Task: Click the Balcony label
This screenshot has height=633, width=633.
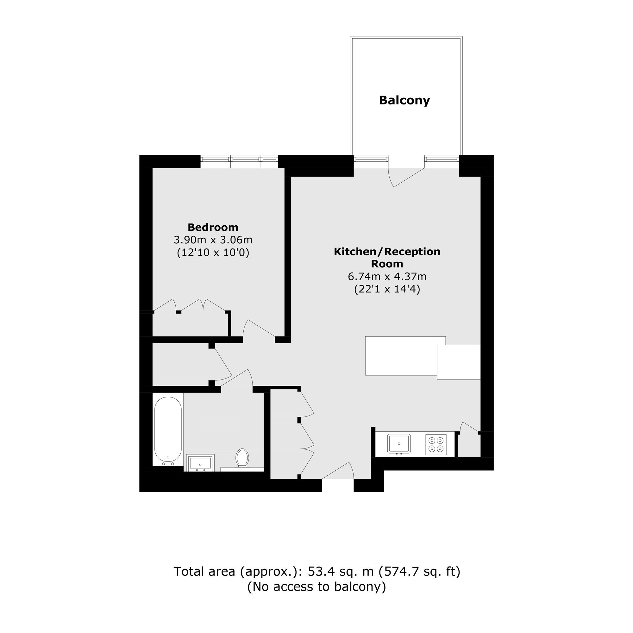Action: tap(404, 100)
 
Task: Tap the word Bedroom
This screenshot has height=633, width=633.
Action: tap(213, 227)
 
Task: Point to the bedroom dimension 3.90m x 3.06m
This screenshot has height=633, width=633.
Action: tap(213, 240)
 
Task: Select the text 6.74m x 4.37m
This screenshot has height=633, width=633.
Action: tap(387, 277)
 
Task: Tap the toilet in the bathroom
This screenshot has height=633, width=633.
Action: tap(242, 458)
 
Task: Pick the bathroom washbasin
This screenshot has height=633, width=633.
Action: tap(200, 463)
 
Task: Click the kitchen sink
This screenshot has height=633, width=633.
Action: tap(399, 444)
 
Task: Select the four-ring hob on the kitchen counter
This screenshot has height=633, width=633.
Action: tap(436, 445)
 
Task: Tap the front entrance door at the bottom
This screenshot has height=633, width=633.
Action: tap(338, 471)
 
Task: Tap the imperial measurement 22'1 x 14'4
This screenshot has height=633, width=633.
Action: tap(387, 289)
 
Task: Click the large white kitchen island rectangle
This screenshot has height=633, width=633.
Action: tap(405, 356)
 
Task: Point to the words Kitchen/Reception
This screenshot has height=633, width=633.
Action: tap(387, 252)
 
